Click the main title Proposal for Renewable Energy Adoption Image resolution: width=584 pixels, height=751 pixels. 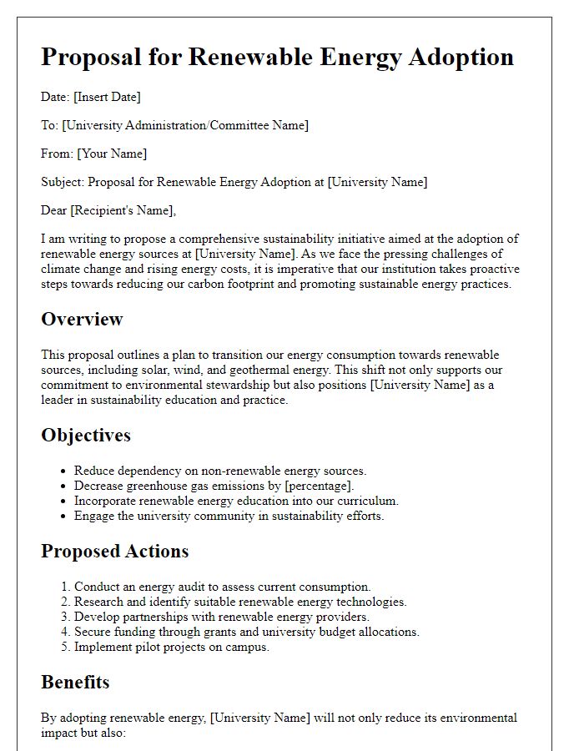click(x=277, y=57)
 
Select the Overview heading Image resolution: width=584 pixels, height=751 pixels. click(x=82, y=319)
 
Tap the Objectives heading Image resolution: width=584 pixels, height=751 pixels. click(x=86, y=435)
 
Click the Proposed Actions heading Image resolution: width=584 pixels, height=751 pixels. click(x=115, y=551)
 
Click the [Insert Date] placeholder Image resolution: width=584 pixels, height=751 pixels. click(x=108, y=97)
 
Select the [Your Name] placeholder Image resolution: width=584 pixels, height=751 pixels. click(x=112, y=154)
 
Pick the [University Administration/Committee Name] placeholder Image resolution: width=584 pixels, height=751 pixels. click(x=185, y=125)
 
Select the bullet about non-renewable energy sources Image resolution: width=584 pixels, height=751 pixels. click(x=220, y=471)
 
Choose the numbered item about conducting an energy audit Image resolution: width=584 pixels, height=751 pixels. click(x=223, y=587)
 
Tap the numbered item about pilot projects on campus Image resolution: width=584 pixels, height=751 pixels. click(x=172, y=647)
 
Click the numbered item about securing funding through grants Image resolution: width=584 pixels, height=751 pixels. click(x=247, y=632)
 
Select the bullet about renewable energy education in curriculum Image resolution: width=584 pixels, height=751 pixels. click(x=236, y=501)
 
